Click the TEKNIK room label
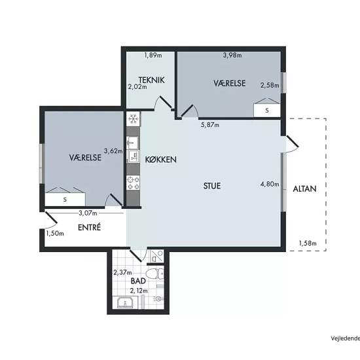[x=152, y=80]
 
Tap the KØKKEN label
[x=161, y=160]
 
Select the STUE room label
[x=212, y=186]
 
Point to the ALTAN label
[x=304, y=189]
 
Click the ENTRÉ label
[x=89, y=227]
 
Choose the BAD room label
[x=138, y=281]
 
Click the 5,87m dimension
[x=210, y=124]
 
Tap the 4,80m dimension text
[x=270, y=184]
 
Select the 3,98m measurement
[x=232, y=55]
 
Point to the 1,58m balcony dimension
[x=308, y=243]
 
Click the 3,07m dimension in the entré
[x=88, y=213]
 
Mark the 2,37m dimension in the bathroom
[x=122, y=272]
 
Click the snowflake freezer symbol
[x=133, y=119]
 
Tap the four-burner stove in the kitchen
[x=133, y=183]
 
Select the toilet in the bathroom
[x=155, y=274]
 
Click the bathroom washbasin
[x=125, y=302]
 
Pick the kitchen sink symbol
[x=132, y=142]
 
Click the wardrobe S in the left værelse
[x=65, y=200]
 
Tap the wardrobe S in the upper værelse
[x=267, y=111]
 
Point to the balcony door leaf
[x=293, y=141]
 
